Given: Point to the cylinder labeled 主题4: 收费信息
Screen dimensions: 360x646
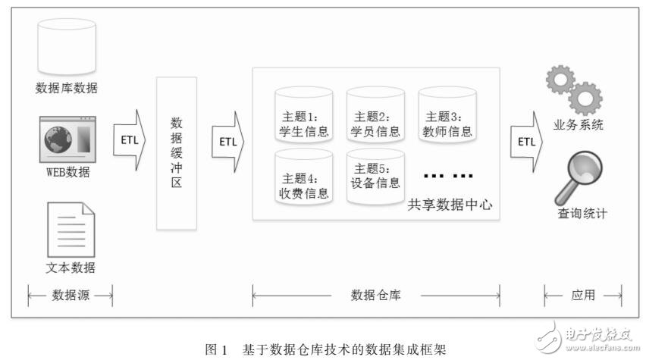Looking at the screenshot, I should [x=304, y=176].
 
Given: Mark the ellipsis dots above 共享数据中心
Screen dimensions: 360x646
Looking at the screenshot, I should [x=447, y=176].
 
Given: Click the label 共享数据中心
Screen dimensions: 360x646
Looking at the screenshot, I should [x=450, y=204].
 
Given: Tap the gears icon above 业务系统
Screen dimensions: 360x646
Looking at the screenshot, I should [x=575, y=90].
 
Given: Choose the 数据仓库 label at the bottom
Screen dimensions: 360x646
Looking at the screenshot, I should [x=375, y=296].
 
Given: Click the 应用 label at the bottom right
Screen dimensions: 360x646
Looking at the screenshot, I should [x=583, y=296].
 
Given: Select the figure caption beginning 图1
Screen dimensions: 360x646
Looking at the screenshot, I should [x=327, y=349].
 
